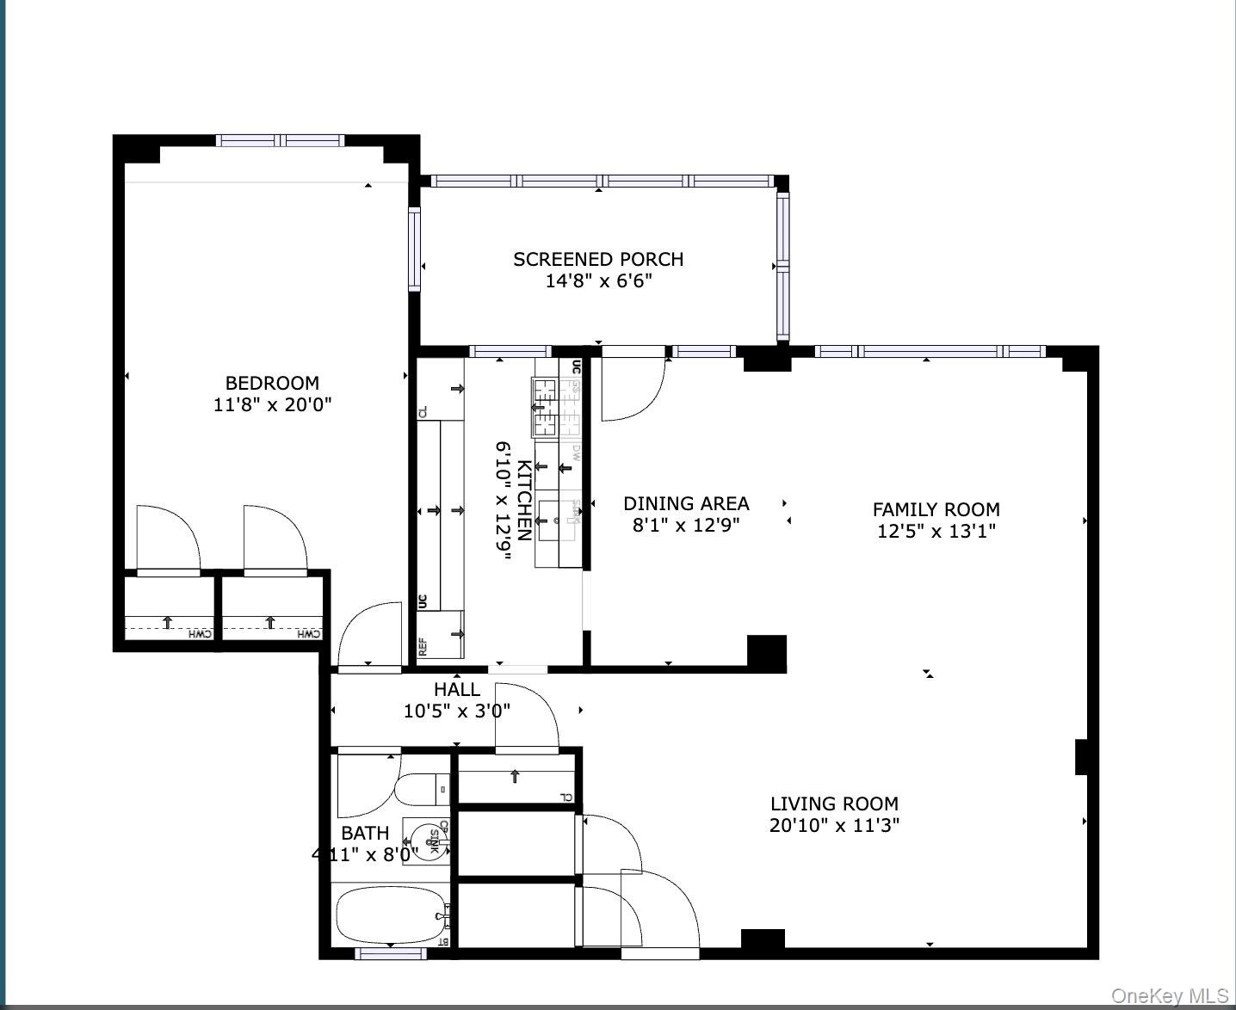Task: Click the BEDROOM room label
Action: tap(272, 383)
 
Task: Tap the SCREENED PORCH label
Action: tap(598, 259)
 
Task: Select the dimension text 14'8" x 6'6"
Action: tap(598, 281)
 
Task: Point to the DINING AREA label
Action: tap(686, 503)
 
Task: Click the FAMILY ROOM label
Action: tap(936, 509)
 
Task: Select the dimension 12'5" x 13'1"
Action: tap(936, 531)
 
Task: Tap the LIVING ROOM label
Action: tap(834, 804)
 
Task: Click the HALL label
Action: tap(457, 689)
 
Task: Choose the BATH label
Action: tap(365, 833)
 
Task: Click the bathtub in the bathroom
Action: tap(390, 916)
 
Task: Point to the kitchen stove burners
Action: tap(545, 407)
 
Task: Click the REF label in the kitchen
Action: tap(423, 647)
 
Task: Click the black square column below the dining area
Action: tap(766, 654)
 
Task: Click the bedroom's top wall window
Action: tap(280, 141)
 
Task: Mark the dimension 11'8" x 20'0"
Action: tap(272, 404)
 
